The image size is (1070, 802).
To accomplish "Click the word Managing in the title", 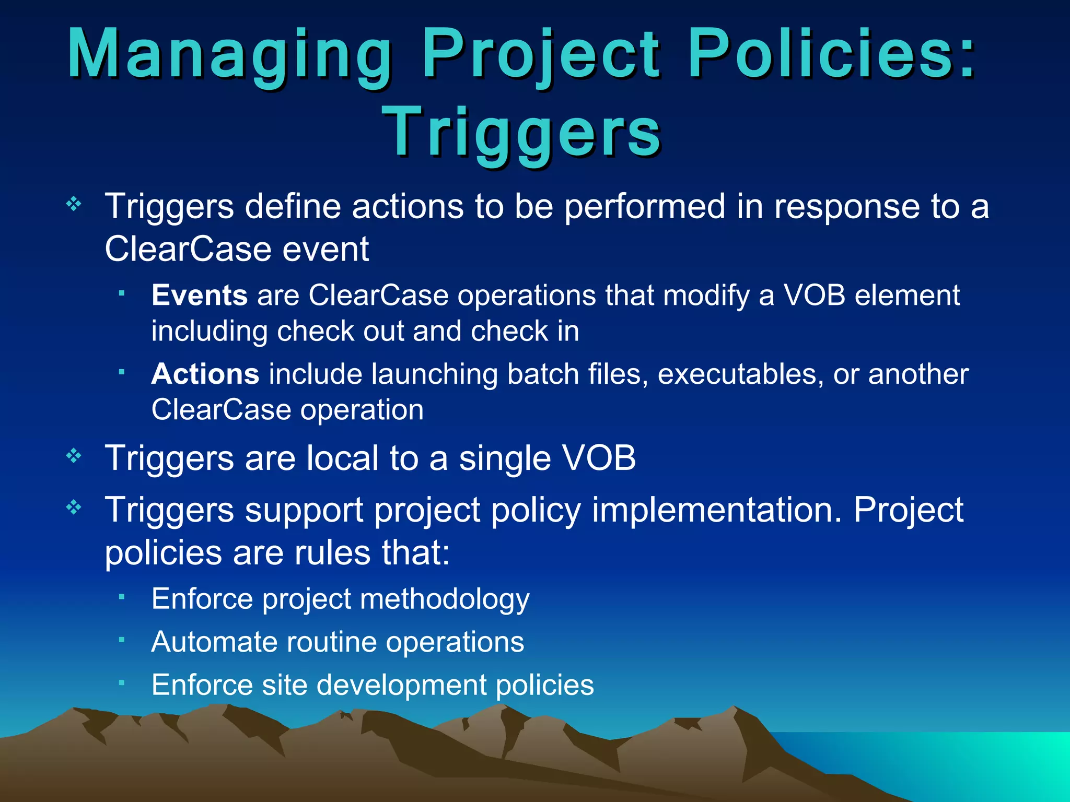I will [230, 55].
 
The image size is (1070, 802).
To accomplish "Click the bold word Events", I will [199, 296].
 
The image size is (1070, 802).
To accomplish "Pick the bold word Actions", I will [205, 374].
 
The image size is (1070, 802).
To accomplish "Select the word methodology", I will [445, 599].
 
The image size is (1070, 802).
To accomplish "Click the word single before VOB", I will [505, 458].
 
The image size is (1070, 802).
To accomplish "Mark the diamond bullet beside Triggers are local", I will [74, 456].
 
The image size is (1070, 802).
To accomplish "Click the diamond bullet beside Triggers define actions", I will [74, 204].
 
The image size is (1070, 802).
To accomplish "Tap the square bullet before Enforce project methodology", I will [121, 596].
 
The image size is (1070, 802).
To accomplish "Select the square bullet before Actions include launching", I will [121, 372].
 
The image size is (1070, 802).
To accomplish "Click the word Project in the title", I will [541, 55].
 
